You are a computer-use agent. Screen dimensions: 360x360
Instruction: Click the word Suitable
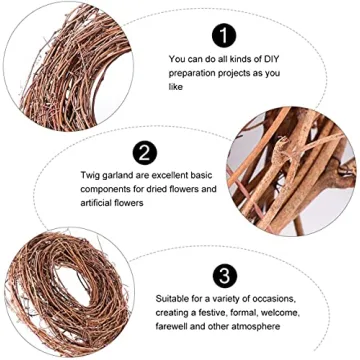coord(173,297)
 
